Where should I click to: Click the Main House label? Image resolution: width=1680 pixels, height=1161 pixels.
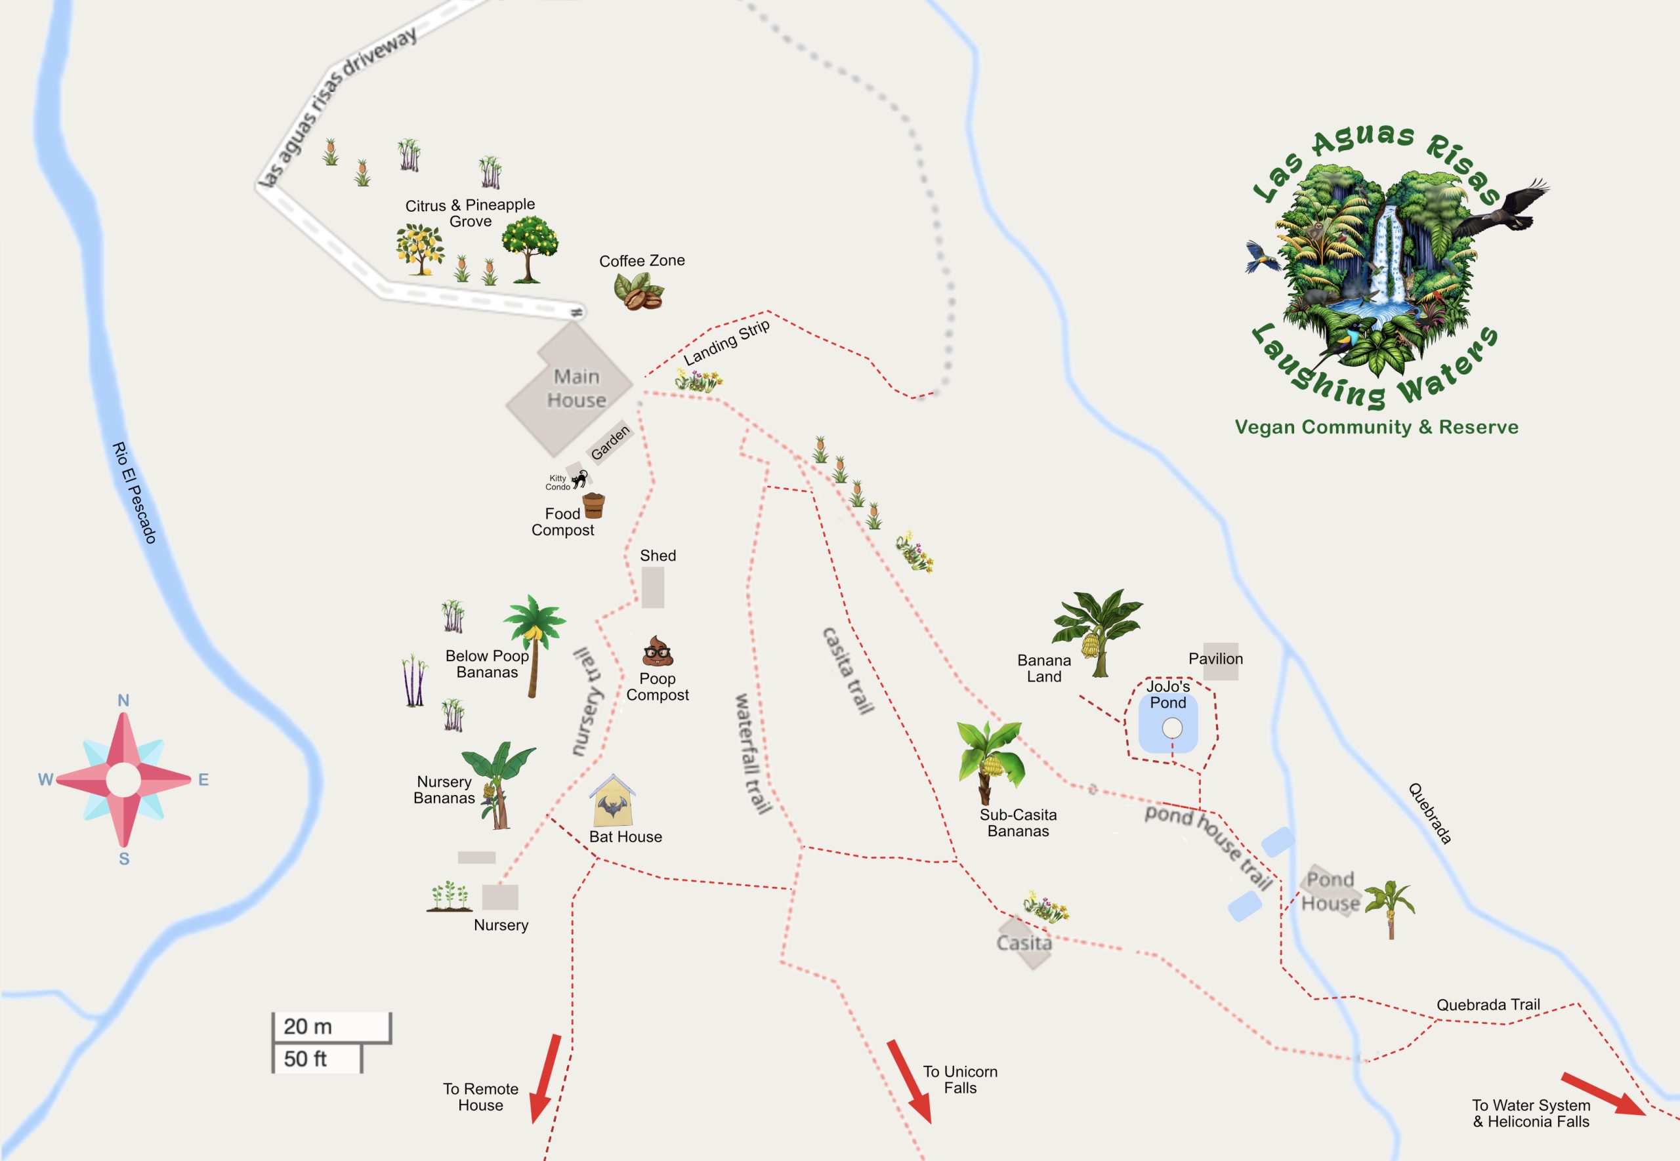coord(576,388)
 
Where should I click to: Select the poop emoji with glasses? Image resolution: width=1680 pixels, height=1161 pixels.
coord(657,651)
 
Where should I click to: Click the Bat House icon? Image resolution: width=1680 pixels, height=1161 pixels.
coord(612,800)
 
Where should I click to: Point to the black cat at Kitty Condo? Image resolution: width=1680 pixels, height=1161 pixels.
coord(580,479)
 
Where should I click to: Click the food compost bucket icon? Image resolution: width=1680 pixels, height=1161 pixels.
coord(594,505)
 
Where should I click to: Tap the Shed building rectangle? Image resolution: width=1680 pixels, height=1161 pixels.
coord(653,587)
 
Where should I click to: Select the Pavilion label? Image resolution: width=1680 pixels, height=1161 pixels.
coord(1215,659)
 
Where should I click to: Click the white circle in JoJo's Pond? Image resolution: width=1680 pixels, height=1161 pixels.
coord(1172,727)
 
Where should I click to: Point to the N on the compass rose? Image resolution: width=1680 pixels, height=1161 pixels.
coord(123,701)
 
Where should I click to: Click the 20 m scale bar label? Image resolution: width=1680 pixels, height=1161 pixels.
coord(308,1027)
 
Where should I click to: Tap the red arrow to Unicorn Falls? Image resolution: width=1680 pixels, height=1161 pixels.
coord(909,1082)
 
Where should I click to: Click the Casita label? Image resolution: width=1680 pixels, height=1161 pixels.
coord(1024,943)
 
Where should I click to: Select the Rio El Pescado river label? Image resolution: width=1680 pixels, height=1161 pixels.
coord(135,493)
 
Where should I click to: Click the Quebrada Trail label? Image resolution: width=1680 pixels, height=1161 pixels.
coord(1488,1005)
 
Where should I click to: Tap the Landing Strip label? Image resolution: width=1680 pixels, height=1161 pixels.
coord(726,342)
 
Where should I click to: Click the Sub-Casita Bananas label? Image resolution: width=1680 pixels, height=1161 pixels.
coord(1018,823)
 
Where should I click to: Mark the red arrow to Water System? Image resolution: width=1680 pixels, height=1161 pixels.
coord(1602,1093)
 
